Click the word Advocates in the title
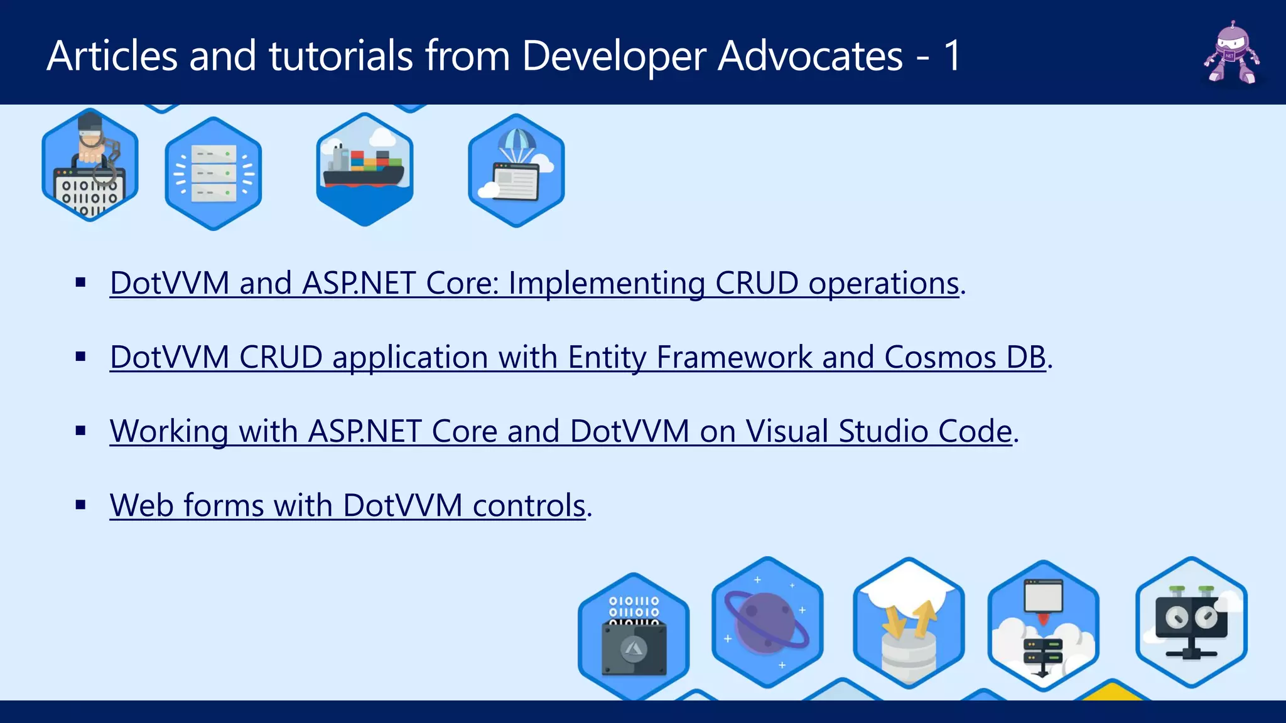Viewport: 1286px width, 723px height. click(810, 56)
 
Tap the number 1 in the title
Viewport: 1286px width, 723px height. click(952, 56)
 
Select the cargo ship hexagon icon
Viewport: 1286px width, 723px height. click(364, 169)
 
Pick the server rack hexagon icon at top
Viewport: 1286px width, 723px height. click(213, 173)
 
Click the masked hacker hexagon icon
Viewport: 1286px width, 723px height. click(90, 166)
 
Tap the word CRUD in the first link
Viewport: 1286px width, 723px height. click(757, 283)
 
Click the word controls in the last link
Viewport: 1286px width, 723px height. click(529, 505)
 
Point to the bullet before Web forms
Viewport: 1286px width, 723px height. click(80, 505)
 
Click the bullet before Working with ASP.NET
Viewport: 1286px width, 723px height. click(80, 431)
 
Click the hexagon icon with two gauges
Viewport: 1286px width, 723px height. click(1191, 622)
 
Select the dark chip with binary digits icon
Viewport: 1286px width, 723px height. click(634, 637)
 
